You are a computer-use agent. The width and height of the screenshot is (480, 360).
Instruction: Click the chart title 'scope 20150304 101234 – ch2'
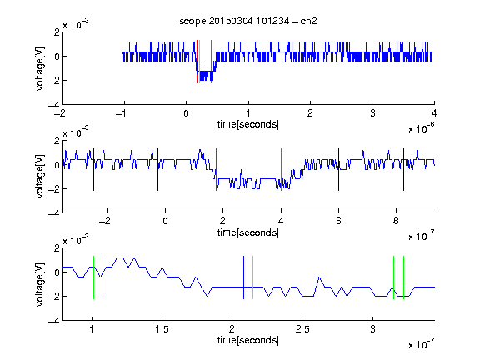pyautogui.click(x=248, y=21)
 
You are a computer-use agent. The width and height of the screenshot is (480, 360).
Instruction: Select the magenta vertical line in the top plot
pyautogui.click(x=211, y=62)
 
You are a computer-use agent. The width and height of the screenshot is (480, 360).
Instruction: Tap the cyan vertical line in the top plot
pyautogui.click(x=200, y=62)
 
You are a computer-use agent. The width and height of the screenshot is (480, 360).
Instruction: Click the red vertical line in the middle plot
pyautogui.click(x=216, y=170)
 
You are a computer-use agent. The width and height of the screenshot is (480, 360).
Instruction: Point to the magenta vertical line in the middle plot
pyautogui.click(x=281, y=170)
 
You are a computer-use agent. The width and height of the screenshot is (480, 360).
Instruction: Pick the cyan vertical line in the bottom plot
pyautogui.click(x=252, y=277)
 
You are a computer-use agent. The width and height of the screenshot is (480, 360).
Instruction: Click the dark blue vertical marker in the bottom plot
pyautogui.click(x=243, y=277)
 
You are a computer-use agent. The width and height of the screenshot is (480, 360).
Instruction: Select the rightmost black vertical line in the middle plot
pyautogui.click(x=403, y=170)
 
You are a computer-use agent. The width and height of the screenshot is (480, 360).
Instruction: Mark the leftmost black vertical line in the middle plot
pyautogui.click(x=93, y=170)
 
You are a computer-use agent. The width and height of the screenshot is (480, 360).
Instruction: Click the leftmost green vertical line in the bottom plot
pyautogui.click(x=93, y=277)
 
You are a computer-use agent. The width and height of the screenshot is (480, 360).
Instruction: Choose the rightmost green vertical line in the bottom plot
pyautogui.click(x=404, y=277)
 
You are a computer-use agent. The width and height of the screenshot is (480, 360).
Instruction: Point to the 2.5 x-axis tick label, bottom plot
pyautogui.click(x=302, y=329)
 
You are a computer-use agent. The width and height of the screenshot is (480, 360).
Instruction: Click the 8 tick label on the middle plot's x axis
pyautogui.click(x=396, y=221)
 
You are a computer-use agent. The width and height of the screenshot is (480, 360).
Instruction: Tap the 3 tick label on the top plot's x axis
pyautogui.click(x=372, y=113)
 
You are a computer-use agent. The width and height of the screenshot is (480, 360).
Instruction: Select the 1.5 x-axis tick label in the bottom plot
pyautogui.click(x=162, y=329)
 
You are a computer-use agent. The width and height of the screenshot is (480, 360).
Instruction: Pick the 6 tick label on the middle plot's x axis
pyautogui.click(x=338, y=221)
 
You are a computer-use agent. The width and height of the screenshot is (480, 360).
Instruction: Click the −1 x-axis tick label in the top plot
pyautogui.click(x=121, y=113)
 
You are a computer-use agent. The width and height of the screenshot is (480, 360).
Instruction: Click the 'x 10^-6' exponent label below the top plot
pyautogui.click(x=422, y=128)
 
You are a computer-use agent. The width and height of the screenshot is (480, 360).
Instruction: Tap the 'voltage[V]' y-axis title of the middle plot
pyautogui.click(x=40, y=177)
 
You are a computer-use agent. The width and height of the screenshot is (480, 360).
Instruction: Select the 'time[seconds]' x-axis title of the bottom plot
pyautogui.click(x=248, y=340)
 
